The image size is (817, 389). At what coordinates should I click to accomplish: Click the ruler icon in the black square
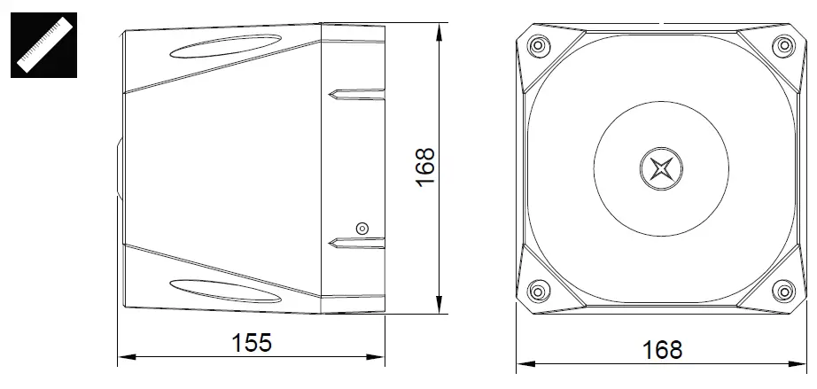tap(43, 45)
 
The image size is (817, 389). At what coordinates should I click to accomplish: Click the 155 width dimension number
tap(252, 343)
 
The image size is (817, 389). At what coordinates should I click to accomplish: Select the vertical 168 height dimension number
tap(425, 167)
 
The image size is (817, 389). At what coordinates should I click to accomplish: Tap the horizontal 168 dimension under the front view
tap(662, 350)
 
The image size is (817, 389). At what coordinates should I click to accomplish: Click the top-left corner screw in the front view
tap(539, 46)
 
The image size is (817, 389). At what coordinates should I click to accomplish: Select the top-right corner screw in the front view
tap(783, 46)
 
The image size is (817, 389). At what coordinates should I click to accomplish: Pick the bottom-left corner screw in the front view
tap(539, 291)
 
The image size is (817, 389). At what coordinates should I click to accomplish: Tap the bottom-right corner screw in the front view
tap(783, 291)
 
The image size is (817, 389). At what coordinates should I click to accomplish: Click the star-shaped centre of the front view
tap(661, 168)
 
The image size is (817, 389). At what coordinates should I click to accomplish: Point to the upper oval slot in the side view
tap(226, 46)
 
